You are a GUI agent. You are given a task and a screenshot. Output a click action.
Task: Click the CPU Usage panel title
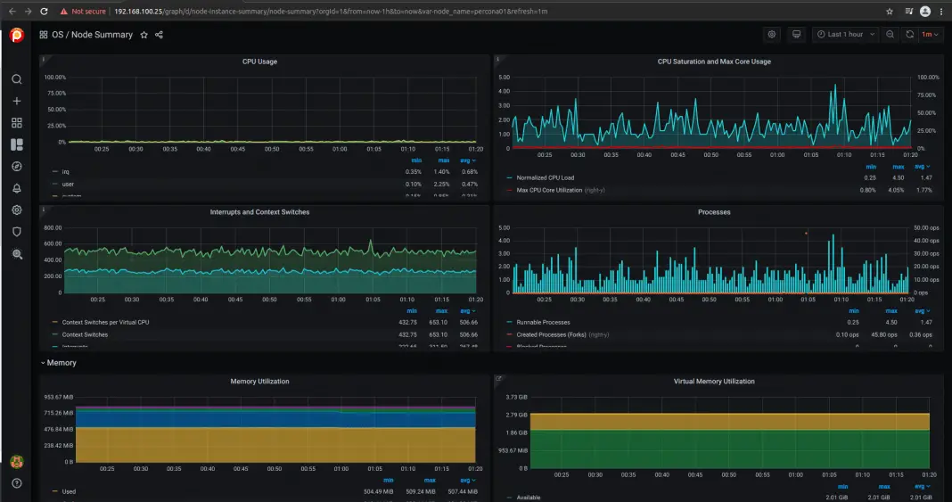259,62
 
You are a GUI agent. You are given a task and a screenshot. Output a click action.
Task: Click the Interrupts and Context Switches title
259,212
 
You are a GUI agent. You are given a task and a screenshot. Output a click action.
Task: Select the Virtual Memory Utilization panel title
714,381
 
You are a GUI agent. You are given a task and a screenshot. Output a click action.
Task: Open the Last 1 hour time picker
844,35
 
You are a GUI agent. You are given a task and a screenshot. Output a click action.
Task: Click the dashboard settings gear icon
772,35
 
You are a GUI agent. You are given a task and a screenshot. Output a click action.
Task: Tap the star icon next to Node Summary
144,35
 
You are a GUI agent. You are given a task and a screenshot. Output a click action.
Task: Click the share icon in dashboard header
159,35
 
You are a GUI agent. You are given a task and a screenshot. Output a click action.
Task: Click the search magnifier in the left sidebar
16,79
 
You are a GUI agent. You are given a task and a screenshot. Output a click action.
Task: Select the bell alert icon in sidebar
16,188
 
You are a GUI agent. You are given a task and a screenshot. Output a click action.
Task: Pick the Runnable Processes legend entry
543,322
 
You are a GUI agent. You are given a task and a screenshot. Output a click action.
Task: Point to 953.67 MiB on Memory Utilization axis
57,396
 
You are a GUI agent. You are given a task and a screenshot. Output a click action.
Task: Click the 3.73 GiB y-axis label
517,396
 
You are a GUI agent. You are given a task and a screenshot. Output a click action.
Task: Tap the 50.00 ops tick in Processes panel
927,227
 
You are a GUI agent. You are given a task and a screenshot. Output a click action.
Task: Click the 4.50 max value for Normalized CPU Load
899,177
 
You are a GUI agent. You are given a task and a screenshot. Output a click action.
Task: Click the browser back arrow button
11,11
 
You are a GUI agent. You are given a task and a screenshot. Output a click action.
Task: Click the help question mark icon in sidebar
16,483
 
